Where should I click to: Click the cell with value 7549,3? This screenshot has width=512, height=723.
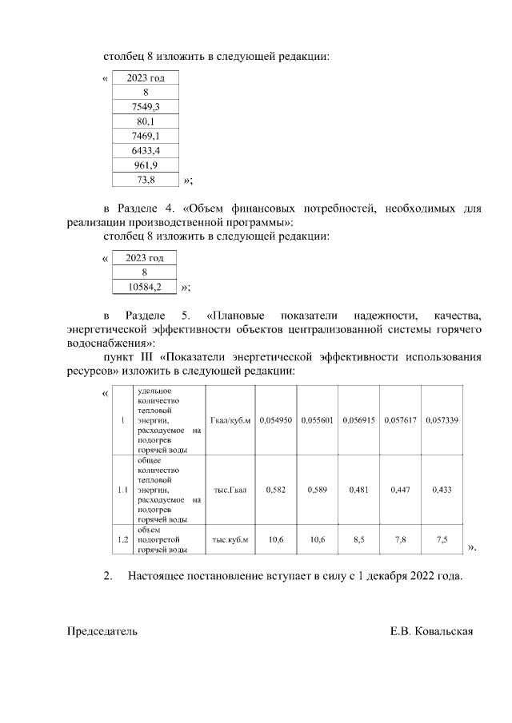pos(145,107)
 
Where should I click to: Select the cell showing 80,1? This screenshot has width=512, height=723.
pos(145,121)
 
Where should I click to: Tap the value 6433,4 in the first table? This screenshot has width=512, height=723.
pos(145,151)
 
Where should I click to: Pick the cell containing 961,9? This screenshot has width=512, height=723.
pos(145,165)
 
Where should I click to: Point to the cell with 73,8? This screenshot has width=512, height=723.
pos(145,180)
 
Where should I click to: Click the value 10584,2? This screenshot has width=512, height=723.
pos(145,287)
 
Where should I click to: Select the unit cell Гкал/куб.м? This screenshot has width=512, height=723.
pos(230,420)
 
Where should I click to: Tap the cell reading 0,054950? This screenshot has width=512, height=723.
pos(275,420)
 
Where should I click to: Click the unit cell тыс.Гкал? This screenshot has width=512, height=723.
pos(230,490)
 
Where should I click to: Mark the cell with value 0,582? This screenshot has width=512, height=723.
pos(275,490)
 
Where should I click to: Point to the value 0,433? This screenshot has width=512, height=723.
pos(442,490)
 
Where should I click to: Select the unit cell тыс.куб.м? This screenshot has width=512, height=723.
pos(230,540)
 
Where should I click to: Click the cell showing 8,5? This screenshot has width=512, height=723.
pos(358,540)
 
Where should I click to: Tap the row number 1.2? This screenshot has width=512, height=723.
pos(122,540)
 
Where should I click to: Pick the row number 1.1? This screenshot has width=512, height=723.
pos(122,490)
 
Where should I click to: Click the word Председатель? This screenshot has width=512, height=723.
pos(102,631)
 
